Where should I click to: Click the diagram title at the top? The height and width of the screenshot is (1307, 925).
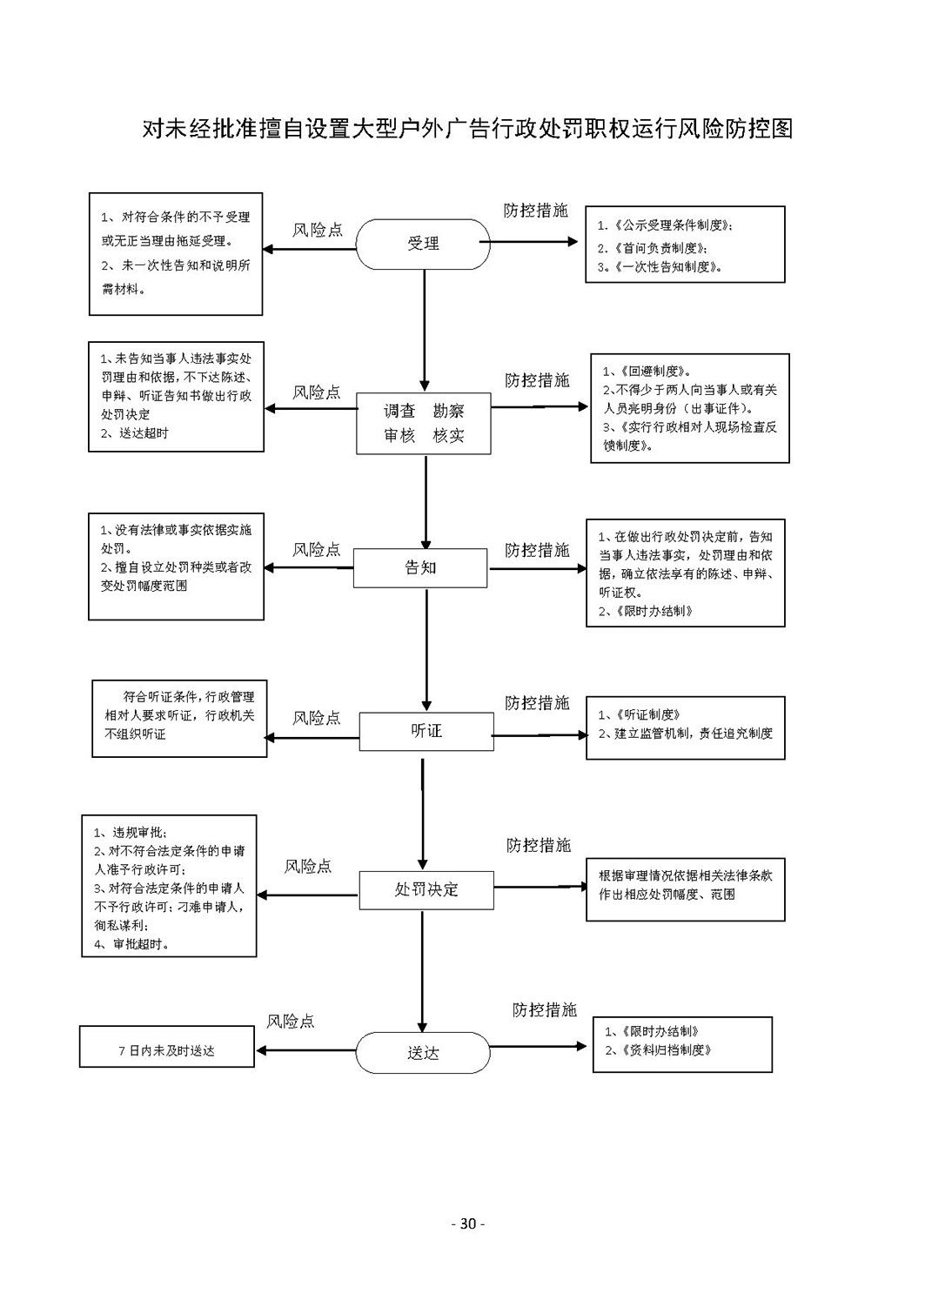(x=467, y=129)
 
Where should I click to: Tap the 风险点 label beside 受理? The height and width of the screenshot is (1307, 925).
(x=318, y=230)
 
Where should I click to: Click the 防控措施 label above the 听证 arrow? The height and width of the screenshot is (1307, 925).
(x=537, y=702)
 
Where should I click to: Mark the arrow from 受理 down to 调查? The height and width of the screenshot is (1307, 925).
(x=425, y=331)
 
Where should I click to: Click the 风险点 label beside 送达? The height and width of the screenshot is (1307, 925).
(x=291, y=1021)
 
